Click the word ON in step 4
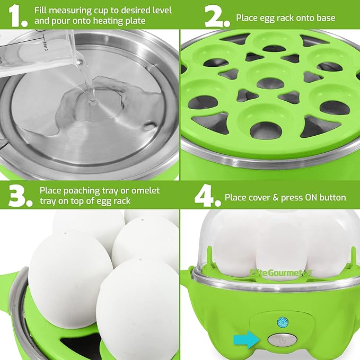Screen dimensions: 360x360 [313, 198]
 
